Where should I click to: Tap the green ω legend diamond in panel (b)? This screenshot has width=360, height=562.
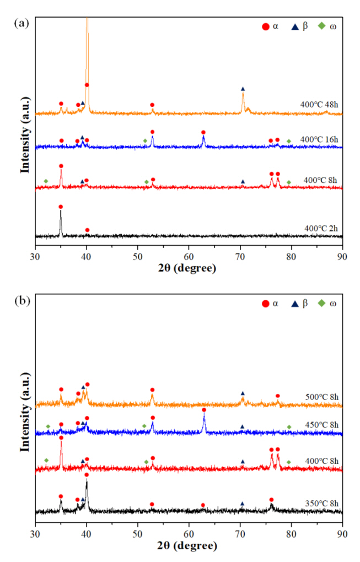point(322,304)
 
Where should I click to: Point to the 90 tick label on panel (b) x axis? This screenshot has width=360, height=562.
point(343,533)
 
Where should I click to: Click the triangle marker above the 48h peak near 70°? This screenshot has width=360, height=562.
point(243,89)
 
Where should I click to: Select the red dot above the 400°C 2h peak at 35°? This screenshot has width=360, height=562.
point(61,207)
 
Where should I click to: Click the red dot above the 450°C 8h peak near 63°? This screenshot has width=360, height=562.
point(204,410)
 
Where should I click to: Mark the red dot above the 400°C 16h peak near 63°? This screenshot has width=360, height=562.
point(203,132)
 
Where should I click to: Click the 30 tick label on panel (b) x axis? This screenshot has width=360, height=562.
point(35,533)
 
